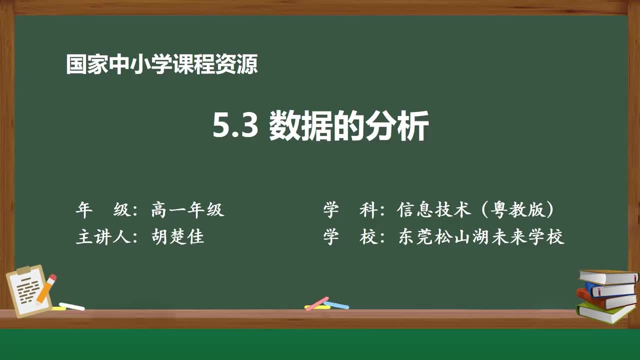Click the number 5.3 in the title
tap(235, 126)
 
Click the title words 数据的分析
tap(348, 126)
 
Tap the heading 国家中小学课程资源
tap(162, 64)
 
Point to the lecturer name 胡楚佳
tap(177, 236)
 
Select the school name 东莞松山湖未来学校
tap(481, 236)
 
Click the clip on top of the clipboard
tap(23, 270)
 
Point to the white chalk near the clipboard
tap(71, 306)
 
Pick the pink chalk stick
tap(316, 303)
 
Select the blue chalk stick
tap(337, 304)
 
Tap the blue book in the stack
tap(610, 289)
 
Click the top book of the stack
tap(607, 276)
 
